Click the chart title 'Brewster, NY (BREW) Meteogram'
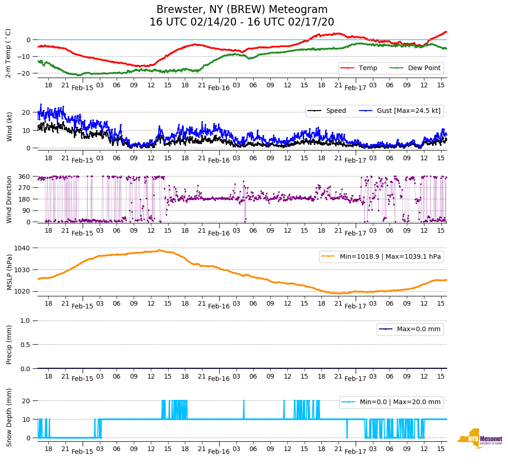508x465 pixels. click(242, 10)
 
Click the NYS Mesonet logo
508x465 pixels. click(480, 439)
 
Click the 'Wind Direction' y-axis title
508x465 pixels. click(9, 199)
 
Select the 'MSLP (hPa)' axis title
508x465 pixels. click(9, 271)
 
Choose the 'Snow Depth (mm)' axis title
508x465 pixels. click(9, 417)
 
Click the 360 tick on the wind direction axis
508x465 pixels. click(25, 177)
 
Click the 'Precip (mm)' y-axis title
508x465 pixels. click(9, 344)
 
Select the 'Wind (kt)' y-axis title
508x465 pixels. click(9, 126)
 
